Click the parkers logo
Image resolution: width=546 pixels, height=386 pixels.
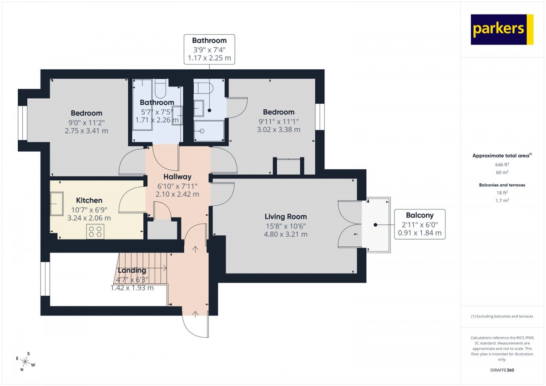[x=502, y=30]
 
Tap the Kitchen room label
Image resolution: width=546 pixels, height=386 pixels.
[x=89, y=200]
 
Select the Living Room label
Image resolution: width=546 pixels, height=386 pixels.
[x=286, y=217]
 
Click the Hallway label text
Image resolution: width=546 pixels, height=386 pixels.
[x=177, y=177]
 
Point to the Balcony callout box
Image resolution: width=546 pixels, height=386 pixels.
[x=420, y=224]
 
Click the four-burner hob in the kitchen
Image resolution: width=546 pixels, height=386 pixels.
[x=95, y=232]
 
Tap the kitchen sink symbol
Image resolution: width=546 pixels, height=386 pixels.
[x=57, y=203]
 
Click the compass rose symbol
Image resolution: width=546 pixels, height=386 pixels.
[x=25, y=361]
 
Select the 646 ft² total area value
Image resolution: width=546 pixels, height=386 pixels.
[x=502, y=165]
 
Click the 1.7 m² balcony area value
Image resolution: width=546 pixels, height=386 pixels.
[x=502, y=201]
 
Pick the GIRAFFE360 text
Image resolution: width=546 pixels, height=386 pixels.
[x=502, y=370]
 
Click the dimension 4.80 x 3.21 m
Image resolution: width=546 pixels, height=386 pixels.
[x=286, y=234]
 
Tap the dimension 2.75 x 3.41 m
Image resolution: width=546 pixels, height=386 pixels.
[x=86, y=131]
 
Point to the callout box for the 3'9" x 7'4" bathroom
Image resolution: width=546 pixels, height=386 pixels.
[x=209, y=49]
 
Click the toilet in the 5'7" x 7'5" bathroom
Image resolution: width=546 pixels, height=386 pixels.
[x=160, y=88]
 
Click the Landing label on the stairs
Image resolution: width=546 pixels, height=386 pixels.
[x=132, y=270]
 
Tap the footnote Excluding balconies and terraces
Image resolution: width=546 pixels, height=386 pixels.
[x=502, y=316]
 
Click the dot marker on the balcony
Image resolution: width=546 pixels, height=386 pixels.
[x=375, y=225]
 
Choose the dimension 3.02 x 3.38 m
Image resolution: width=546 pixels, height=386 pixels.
[x=278, y=130]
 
